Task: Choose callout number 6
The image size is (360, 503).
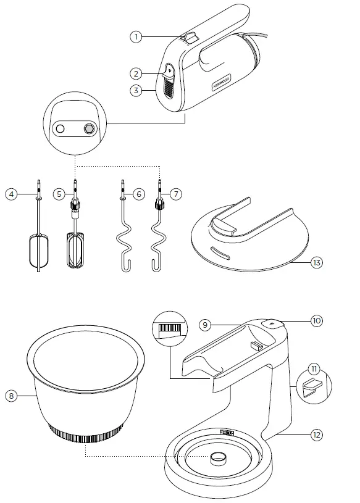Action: coord(140,194)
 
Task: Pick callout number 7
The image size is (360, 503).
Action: coord(176,194)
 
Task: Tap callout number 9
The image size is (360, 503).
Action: coord(206,324)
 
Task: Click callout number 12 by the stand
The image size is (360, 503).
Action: coord(316,435)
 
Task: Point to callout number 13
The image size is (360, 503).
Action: coord(316,262)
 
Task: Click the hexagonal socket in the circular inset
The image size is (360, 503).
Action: coord(88,128)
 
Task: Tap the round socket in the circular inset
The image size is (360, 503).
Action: coord(61,128)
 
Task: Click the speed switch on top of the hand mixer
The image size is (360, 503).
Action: coord(190,38)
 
